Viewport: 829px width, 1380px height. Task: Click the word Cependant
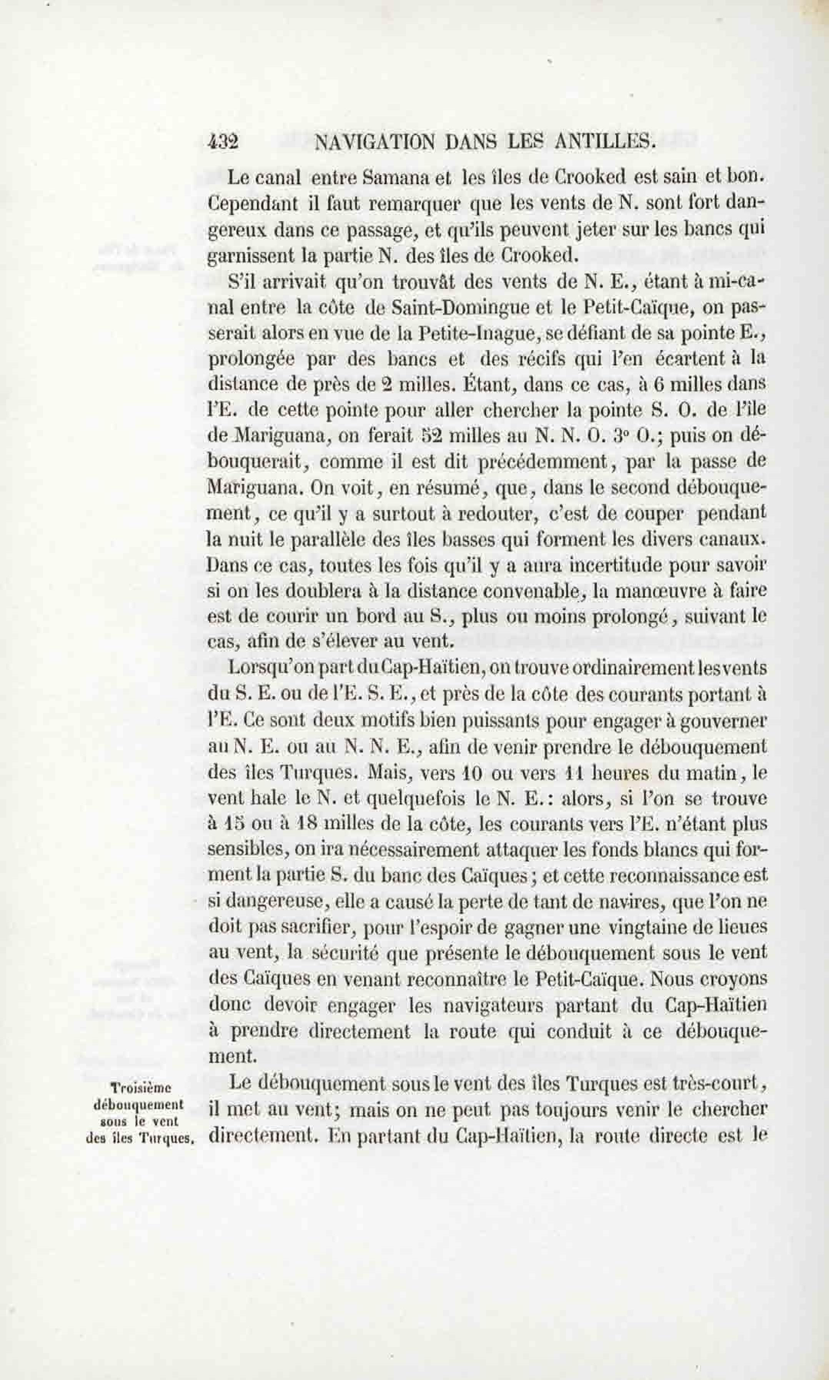coord(253,203)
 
